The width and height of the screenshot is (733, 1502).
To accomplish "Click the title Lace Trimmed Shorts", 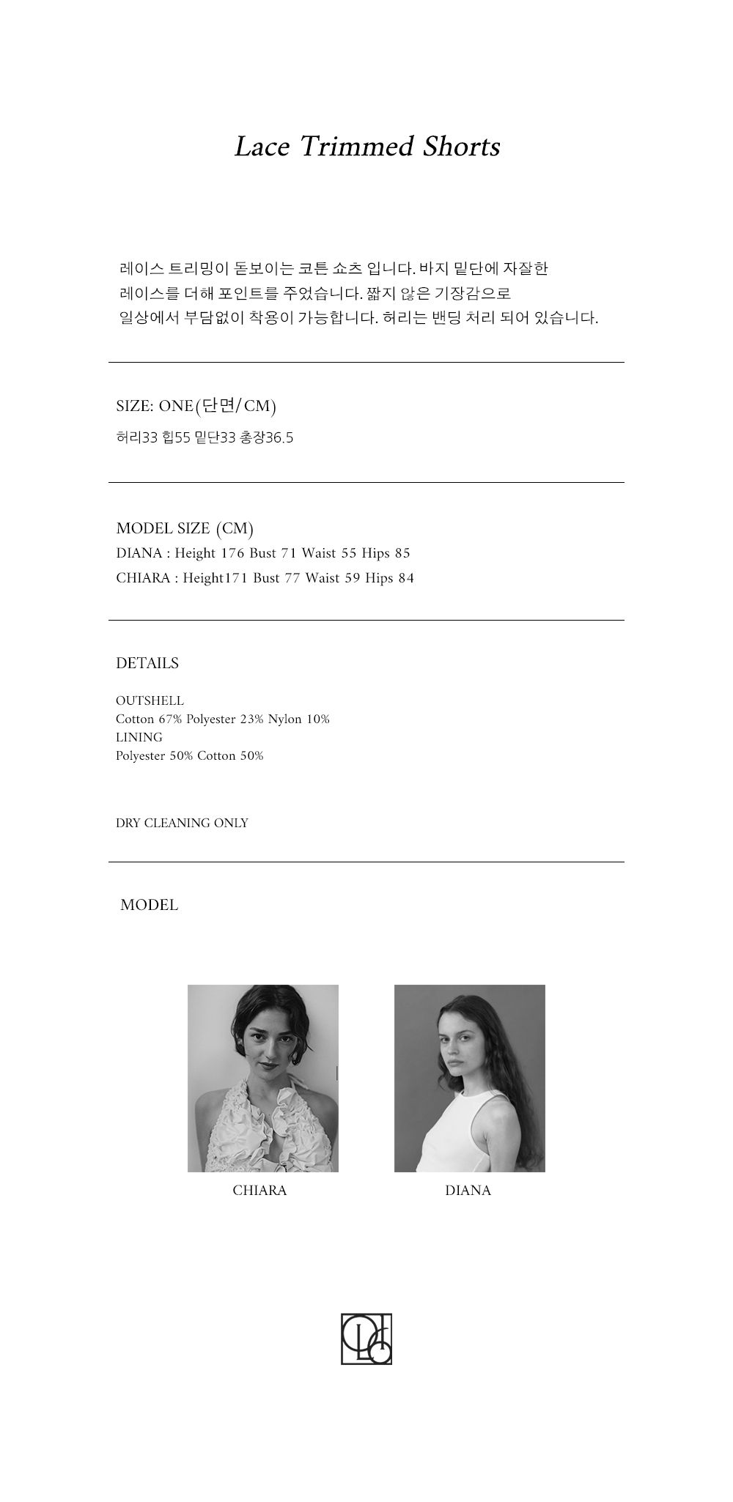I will click(366, 147).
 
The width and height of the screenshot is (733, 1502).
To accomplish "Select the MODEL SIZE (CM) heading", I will click(185, 528).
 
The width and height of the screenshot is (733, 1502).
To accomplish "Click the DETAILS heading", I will click(147, 663).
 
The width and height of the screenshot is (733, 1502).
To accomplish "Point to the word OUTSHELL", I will click(150, 700).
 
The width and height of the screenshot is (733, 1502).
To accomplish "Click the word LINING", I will click(139, 737).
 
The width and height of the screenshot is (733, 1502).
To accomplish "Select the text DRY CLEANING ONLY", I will click(182, 823).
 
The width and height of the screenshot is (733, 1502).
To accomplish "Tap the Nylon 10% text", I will click(298, 719).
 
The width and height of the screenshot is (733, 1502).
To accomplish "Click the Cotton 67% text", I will click(149, 719).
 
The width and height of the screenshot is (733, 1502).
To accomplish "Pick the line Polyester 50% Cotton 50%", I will click(189, 755).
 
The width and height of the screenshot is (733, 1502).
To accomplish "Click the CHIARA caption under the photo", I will click(259, 1191).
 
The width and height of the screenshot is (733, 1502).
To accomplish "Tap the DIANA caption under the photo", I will click(468, 1191).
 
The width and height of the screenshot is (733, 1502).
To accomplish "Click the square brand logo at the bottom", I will click(366, 1339).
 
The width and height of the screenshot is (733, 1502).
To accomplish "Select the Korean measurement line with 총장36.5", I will click(205, 438).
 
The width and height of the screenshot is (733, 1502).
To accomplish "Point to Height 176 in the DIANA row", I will click(209, 553).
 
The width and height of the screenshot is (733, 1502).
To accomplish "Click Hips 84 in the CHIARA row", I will click(389, 578).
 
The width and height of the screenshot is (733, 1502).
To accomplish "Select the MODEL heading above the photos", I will click(150, 905).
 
